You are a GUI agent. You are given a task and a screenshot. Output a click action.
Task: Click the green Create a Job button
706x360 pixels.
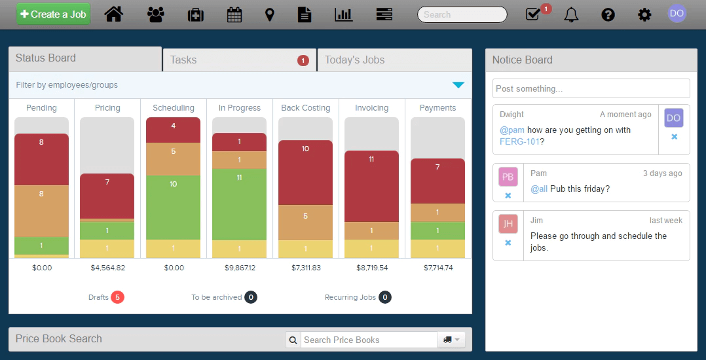pyautogui.click(x=53, y=14)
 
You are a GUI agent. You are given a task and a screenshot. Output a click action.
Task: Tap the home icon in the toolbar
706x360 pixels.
pyautogui.click(x=114, y=14)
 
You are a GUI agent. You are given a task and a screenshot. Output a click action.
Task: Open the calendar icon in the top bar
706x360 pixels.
pyautogui.click(x=234, y=15)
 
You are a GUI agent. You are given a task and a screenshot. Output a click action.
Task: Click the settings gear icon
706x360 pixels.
pyautogui.click(x=644, y=15)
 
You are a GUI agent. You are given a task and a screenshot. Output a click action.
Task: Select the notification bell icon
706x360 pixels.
pyautogui.click(x=571, y=15)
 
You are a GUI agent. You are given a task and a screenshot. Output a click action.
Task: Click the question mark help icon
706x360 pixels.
pyautogui.click(x=608, y=15)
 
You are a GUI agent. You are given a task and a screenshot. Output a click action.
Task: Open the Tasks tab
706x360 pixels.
pyautogui.click(x=240, y=60)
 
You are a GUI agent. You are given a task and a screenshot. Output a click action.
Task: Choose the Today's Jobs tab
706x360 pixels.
pyautogui.click(x=394, y=60)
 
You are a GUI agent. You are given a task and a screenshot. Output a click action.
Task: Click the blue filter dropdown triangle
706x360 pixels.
pyautogui.click(x=458, y=84)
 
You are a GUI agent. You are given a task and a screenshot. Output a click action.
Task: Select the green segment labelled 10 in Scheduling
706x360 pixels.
pyautogui.click(x=174, y=207)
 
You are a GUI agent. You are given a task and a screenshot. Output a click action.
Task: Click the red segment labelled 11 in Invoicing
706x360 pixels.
pyautogui.click(x=371, y=187)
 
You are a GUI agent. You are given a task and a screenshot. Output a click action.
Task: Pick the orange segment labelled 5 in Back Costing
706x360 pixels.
pyautogui.click(x=305, y=223)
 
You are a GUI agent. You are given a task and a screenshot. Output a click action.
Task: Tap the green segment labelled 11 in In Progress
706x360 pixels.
pyautogui.click(x=239, y=204)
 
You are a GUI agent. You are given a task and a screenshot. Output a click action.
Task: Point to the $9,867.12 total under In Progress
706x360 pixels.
pyautogui.click(x=240, y=268)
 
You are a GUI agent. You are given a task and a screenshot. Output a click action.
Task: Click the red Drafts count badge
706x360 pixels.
pyautogui.click(x=117, y=297)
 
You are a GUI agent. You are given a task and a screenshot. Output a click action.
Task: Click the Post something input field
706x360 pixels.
pyautogui.click(x=591, y=88)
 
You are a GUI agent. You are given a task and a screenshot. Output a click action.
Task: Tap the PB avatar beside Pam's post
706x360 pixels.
pyautogui.click(x=508, y=177)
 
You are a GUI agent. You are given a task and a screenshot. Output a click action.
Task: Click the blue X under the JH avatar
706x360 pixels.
pyautogui.click(x=508, y=243)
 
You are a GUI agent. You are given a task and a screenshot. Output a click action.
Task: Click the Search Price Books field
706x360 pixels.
pyautogui.click(x=369, y=340)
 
